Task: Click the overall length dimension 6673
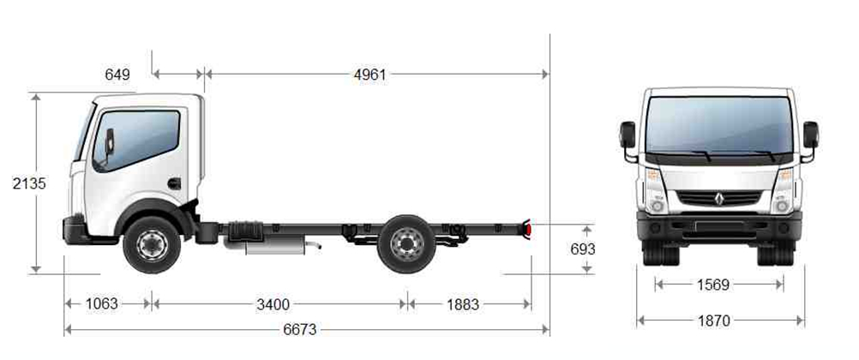point(300,329)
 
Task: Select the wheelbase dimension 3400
point(273,304)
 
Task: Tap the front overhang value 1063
point(101,303)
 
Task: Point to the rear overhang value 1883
point(463,304)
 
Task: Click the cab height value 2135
point(29,183)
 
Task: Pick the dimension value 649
point(117,75)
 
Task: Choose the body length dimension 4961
point(369,75)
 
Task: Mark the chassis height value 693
point(582,249)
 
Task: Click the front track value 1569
point(712,285)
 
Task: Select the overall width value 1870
point(714,321)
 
